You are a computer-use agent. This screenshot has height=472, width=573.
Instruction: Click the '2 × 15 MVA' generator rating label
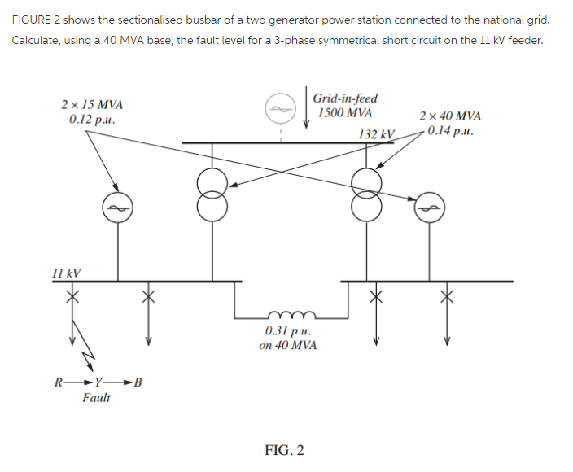[x=93, y=105]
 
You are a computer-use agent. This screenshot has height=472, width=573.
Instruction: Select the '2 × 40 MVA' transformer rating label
[x=449, y=116]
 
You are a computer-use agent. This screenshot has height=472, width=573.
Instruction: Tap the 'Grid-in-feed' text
[x=344, y=98]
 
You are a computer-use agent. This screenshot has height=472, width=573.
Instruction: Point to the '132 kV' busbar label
[x=376, y=134]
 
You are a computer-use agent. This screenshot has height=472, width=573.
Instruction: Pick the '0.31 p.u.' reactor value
[x=287, y=330]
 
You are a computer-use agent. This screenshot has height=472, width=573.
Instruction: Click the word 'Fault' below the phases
[x=96, y=398]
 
